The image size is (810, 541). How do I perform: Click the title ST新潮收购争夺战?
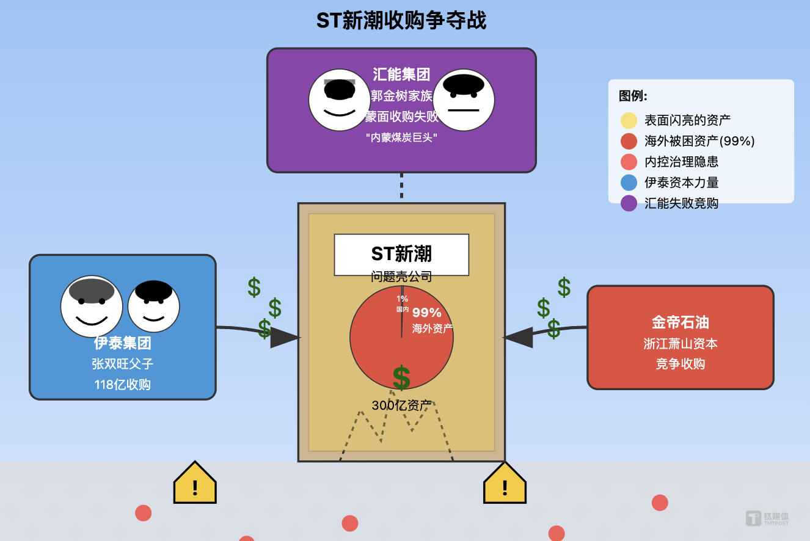401,21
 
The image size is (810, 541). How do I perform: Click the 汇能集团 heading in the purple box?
401,74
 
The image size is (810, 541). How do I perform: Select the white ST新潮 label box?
401,255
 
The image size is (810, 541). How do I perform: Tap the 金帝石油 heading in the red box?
680,322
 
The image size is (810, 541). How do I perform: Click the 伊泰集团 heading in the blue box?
122,343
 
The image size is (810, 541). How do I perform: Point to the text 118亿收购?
122,385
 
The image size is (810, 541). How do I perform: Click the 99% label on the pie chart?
427,313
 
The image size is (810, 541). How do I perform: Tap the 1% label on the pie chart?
402,299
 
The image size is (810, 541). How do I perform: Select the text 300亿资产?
401,405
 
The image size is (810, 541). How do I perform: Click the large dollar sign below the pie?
401,379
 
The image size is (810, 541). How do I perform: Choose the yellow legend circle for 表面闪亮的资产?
629,120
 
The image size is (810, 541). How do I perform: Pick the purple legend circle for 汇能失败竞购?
629,203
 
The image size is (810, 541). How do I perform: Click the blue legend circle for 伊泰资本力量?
629,183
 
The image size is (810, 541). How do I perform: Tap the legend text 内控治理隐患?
681,162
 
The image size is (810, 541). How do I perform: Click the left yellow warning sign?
195,484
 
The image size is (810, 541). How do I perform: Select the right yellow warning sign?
505,484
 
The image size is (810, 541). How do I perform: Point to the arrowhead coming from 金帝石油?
518,337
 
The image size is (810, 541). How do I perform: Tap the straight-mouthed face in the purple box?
463,101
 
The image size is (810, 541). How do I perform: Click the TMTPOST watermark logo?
767,518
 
